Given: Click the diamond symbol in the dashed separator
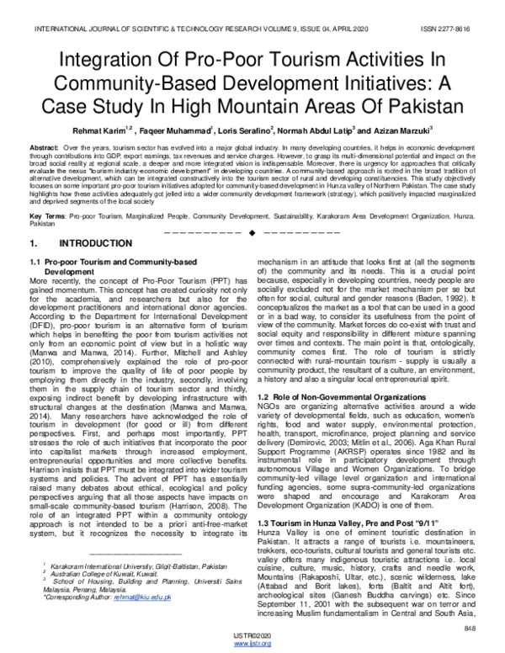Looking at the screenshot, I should click(252, 231).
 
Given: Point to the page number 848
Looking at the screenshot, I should click(471, 629).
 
